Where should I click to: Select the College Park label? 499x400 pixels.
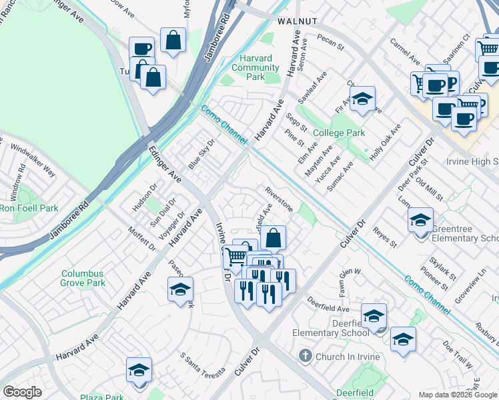pos(339,133)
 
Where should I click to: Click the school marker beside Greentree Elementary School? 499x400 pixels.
pos(420,221)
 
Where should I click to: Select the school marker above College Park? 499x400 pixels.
pos(362,99)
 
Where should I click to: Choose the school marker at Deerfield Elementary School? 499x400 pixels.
pos(374,316)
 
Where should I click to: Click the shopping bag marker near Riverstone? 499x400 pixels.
pos(273,238)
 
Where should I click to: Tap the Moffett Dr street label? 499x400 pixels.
pos(142,239)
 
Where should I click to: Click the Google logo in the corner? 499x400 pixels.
pos(22,392)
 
